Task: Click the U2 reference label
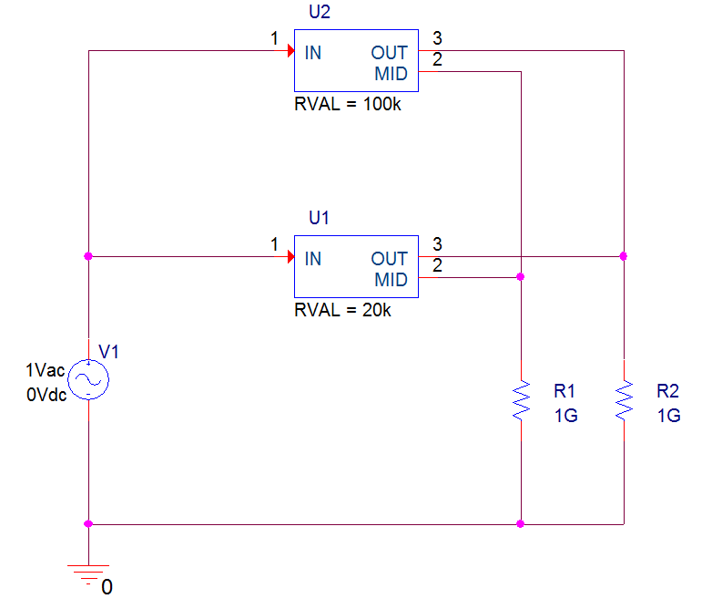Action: pyautogui.click(x=320, y=12)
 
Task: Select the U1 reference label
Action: pyautogui.click(x=319, y=218)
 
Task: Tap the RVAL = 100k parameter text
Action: pyautogui.click(x=348, y=104)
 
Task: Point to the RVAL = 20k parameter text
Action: pyautogui.click(x=342, y=310)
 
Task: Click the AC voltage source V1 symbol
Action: pyautogui.click(x=88, y=379)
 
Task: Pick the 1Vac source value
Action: pyautogui.click(x=45, y=370)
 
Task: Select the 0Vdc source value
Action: pyautogui.click(x=46, y=395)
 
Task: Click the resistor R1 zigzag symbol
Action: pyautogui.click(x=521, y=400)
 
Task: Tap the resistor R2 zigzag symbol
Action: pyautogui.click(x=624, y=400)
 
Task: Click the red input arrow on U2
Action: pyautogui.click(x=291, y=50)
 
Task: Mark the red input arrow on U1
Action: pyautogui.click(x=291, y=256)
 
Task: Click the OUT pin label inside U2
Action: pyautogui.click(x=389, y=53)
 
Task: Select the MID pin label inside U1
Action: pyautogui.click(x=391, y=280)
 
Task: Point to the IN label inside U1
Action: pyautogui.click(x=313, y=259)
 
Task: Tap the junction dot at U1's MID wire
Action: pyautogui.click(x=521, y=277)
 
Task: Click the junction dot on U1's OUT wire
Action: pyautogui.click(x=624, y=256)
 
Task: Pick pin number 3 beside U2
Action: pyautogui.click(x=437, y=38)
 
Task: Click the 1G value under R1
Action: pyautogui.click(x=565, y=416)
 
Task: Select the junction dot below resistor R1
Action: pyautogui.click(x=521, y=524)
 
